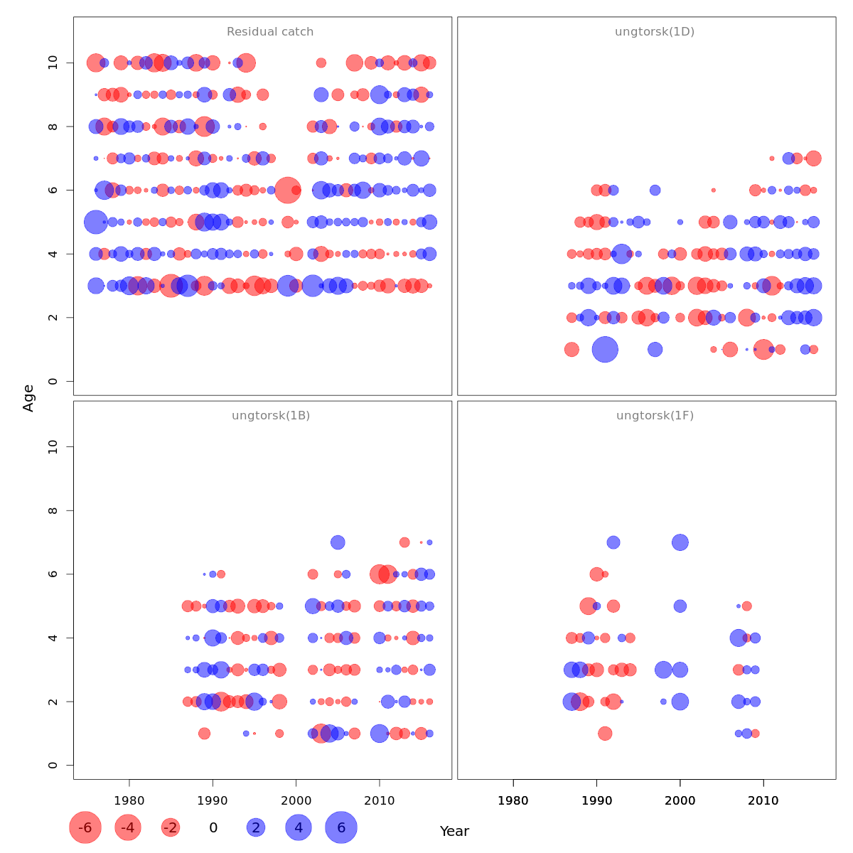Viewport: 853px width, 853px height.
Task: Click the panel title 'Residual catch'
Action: [x=270, y=32]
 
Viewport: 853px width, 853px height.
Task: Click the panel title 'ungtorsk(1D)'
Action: [x=654, y=32]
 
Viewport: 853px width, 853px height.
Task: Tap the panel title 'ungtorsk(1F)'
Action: [x=654, y=416]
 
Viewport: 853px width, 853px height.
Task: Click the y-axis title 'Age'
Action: [x=28, y=398]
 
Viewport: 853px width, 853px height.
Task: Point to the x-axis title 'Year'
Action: [x=454, y=831]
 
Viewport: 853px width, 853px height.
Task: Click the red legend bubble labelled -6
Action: [x=85, y=827]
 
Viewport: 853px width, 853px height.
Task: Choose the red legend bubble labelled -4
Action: [x=128, y=827]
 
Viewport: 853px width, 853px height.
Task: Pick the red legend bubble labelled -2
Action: [x=171, y=827]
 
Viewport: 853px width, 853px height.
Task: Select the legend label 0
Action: [x=213, y=827]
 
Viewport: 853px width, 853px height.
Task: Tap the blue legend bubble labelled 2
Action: [x=256, y=827]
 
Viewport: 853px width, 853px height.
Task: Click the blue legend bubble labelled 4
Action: [x=299, y=827]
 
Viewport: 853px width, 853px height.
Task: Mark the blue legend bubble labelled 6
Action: [x=341, y=827]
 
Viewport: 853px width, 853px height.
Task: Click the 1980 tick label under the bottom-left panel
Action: [x=129, y=800]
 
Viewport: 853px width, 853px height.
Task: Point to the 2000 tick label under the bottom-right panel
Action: [x=680, y=800]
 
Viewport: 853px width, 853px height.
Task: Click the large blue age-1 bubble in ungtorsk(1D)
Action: [x=605, y=349]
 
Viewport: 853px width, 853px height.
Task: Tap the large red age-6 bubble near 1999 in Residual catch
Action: [x=288, y=190]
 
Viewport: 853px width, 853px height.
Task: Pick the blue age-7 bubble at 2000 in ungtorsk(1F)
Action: [x=680, y=542]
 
